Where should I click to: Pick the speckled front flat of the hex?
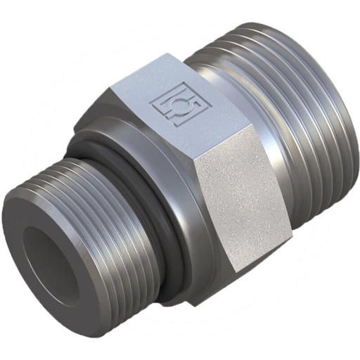(x=239, y=204)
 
